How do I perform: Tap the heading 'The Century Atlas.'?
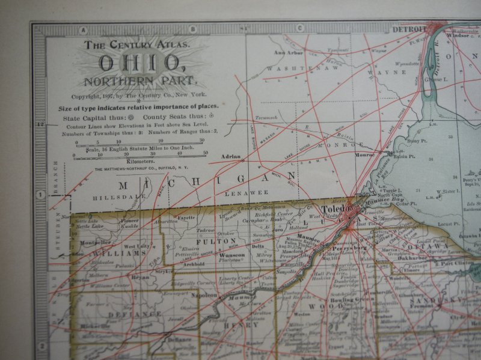coord(138,44)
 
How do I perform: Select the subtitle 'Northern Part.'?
coord(139,81)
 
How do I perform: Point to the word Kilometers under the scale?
coord(140,162)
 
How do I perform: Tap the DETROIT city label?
coord(408,28)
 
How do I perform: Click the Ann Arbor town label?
coord(287,52)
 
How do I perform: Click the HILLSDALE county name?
coord(112,197)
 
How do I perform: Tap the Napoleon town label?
coord(203,295)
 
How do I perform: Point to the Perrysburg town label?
coord(349,247)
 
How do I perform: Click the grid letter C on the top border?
coord(299,28)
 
